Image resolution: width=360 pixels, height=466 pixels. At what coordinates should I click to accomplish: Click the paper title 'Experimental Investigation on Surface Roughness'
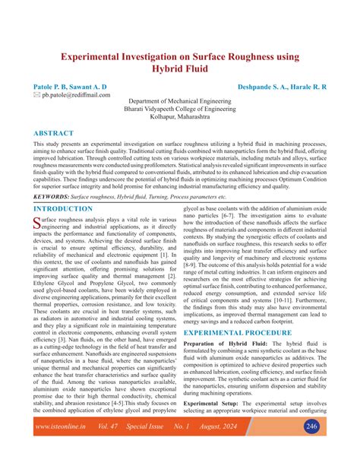click(x=180, y=57)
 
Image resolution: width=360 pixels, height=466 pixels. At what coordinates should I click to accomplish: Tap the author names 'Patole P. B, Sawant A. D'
click(x=70, y=88)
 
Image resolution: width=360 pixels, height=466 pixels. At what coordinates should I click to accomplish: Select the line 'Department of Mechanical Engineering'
click(x=180, y=101)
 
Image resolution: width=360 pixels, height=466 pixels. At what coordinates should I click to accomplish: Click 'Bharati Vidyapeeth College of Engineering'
click(x=180, y=109)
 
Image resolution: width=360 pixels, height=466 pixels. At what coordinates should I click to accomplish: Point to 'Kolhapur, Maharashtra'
click(x=180, y=118)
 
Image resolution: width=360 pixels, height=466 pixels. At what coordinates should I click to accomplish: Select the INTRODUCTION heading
click(x=68, y=208)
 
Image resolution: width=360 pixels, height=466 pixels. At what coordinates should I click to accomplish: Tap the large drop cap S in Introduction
click(x=37, y=223)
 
